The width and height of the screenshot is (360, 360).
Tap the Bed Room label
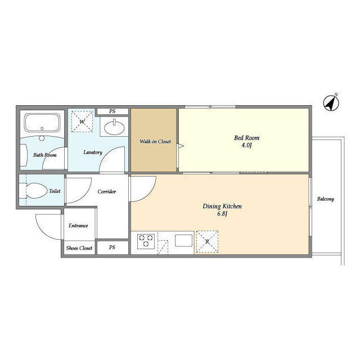click(x=246, y=138)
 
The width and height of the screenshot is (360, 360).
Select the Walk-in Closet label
click(x=155, y=141)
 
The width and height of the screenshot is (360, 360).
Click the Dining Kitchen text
click(x=222, y=206)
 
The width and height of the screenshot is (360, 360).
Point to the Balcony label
click(x=325, y=199)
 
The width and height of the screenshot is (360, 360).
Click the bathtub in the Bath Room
click(x=42, y=123)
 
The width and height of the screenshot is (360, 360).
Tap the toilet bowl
click(x=36, y=191)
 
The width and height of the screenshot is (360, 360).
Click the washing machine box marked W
click(x=82, y=121)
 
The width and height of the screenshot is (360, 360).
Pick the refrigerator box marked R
click(x=208, y=241)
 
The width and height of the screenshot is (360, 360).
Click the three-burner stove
click(x=146, y=241)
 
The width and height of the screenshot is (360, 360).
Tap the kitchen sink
click(x=184, y=241)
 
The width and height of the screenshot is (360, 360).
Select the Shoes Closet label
click(x=79, y=248)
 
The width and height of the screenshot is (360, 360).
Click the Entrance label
click(x=78, y=226)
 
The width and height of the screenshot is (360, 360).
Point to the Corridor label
click(x=106, y=191)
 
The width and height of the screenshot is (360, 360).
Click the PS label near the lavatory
click(x=112, y=111)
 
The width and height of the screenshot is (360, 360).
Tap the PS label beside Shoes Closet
click(x=112, y=247)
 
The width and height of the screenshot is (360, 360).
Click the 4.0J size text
click(x=246, y=145)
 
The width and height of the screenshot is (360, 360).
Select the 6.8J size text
click(x=222, y=214)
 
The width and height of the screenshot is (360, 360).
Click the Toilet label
click(x=55, y=191)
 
